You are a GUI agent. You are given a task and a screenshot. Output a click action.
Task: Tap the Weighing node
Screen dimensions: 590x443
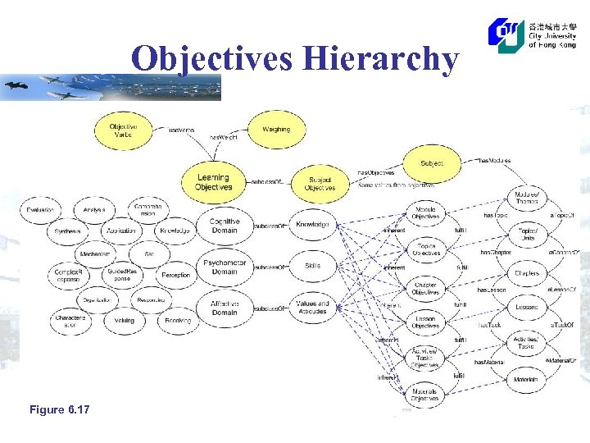tap(276, 130)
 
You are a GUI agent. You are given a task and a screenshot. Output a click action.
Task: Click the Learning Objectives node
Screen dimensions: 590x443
tap(213, 182)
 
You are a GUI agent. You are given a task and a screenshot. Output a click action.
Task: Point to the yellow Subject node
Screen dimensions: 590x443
tap(432, 163)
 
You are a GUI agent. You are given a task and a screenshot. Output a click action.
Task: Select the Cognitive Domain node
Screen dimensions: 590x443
tap(224, 226)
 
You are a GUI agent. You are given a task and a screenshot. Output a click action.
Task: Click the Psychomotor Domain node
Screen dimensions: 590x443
tap(224, 267)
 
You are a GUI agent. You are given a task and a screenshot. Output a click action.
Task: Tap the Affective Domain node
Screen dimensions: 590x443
tap(224, 308)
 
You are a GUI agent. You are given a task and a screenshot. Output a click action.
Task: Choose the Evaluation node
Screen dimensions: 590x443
tap(40, 211)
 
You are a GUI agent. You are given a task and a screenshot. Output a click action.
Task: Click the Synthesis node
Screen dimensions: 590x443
tap(68, 231)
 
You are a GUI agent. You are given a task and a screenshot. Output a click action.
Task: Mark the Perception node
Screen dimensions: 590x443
tap(175, 276)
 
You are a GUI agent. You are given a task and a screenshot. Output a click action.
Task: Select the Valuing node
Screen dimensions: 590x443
tap(125, 321)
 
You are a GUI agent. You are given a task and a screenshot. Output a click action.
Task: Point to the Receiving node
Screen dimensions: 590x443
tap(178, 321)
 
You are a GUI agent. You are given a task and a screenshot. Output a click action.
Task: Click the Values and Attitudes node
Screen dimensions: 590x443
tap(312, 308)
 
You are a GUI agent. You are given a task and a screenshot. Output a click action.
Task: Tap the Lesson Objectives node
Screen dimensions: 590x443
tap(425, 322)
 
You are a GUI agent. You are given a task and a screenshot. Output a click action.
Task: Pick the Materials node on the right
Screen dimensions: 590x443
tap(526, 380)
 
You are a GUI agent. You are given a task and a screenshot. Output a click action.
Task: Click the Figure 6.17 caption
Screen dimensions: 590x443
tap(59, 409)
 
